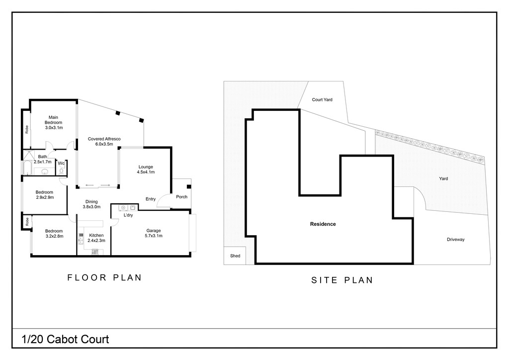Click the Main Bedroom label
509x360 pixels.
pos(53,120)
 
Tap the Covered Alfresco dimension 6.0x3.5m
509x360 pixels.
pos(104,144)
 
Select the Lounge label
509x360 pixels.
pos(146,167)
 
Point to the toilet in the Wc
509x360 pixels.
pos(61,171)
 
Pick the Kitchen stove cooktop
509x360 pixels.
pos(94,252)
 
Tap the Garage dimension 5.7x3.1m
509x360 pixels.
pos(154,236)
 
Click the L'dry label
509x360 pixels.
pos(128,215)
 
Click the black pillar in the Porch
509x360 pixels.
pos(189,187)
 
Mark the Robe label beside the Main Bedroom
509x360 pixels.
pos(26,129)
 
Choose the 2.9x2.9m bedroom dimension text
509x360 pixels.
pos(44,197)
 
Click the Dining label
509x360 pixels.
pos(91,201)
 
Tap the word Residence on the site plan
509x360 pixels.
pos(323,224)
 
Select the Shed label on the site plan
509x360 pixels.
pos(235,256)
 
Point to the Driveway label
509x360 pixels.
pos(455,240)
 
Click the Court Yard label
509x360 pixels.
pos(322,99)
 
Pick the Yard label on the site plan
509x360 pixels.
pos(444,179)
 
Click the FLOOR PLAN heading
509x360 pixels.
pos(104,277)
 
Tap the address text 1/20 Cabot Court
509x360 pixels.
pos(65,340)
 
